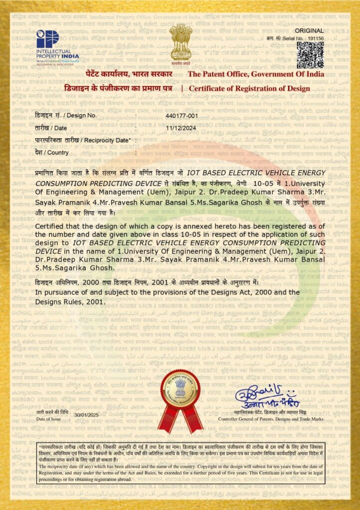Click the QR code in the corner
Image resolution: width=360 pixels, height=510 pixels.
click(310, 55)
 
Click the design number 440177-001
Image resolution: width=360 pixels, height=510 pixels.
click(182, 116)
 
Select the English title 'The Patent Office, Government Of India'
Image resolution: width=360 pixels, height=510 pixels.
click(255, 74)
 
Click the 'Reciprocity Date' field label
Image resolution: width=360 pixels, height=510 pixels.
click(83, 140)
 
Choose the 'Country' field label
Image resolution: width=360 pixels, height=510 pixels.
click(52, 152)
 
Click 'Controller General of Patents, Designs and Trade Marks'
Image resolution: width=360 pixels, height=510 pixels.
click(271, 419)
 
